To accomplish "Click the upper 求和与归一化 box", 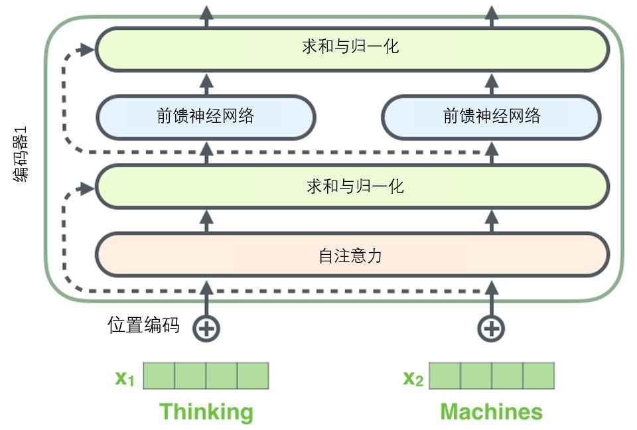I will pos(352,48).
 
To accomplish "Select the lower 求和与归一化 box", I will pos(352,186).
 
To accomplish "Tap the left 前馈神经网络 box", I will pos(206,117).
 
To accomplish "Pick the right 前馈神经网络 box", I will pos(491,117).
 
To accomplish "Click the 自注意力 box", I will pos(352,255).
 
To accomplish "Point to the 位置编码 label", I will pos(143,325).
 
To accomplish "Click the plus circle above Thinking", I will pos(206,328).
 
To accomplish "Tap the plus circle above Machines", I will pos(491,328).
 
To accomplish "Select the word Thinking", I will pos(206,411).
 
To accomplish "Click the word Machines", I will pos(491,411).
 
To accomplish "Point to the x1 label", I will pos(125,378).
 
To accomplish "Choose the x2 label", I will pos(413,378).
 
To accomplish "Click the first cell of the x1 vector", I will pos(159,376).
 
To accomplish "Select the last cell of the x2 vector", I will pos(538,376).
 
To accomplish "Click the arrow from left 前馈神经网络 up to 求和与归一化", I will pos(206,84).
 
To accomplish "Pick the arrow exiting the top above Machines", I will pos(491,15).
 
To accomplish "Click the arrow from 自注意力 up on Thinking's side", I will pos(206,220).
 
